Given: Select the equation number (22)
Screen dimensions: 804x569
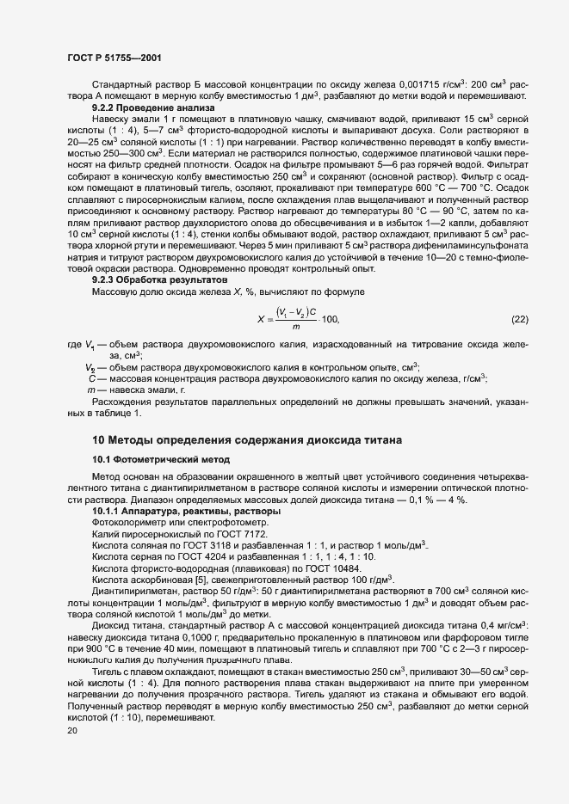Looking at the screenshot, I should [x=519, y=320].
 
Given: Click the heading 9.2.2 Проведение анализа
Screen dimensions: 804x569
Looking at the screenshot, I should [x=153, y=108].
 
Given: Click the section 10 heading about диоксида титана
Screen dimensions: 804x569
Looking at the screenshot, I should [x=246, y=440].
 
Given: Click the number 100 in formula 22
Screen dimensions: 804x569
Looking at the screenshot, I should [x=330, y=320].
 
